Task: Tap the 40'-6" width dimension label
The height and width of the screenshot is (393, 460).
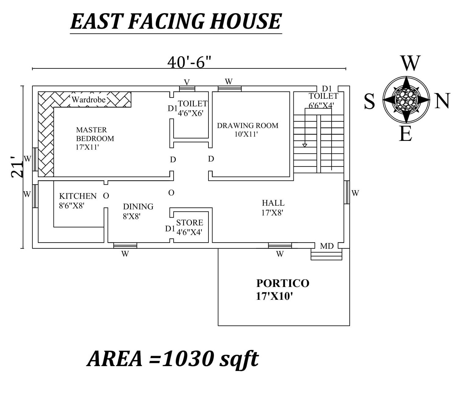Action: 189,63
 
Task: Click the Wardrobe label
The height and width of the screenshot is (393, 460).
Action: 89,100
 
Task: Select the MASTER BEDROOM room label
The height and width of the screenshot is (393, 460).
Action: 95,138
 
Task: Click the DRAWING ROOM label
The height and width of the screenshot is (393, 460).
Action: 248,126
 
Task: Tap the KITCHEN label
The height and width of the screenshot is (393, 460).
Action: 78,196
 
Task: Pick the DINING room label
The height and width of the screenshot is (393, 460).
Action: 138,207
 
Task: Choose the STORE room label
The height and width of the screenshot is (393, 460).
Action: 190,223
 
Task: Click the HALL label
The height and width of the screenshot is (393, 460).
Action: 273,203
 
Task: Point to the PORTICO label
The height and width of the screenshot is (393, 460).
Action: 283,283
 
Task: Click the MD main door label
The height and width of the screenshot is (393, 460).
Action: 327,246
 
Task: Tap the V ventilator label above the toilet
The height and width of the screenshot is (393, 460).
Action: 187,82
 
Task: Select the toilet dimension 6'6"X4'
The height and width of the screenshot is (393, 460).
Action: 321,105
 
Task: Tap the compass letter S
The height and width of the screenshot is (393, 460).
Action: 369,101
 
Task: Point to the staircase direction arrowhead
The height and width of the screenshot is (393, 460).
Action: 305,145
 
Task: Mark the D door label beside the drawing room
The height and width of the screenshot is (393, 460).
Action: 211,159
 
